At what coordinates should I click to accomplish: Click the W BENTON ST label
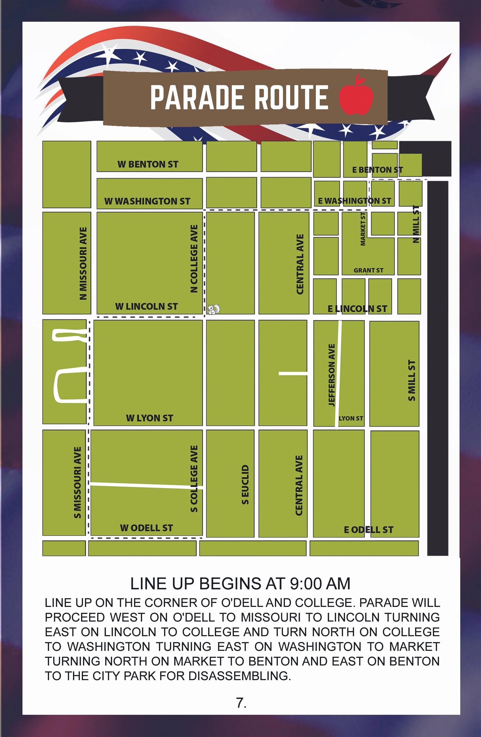click(x=148, y=164)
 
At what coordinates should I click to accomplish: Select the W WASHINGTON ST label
click(x=147, y=201)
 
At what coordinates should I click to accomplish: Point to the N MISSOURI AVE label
click(x=83, y=263)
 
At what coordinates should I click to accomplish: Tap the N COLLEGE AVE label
click(x=194, y=259)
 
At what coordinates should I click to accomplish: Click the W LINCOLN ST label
click(x=146, y=307)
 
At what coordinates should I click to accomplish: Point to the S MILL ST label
click(x=412, y=380)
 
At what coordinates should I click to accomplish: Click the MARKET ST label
click(x=363, y=229)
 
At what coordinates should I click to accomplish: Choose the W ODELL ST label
click(x=146, y=528)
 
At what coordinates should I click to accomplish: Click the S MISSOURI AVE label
click(x=77, y=482)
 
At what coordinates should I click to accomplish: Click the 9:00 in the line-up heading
click(x=304, y=584)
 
